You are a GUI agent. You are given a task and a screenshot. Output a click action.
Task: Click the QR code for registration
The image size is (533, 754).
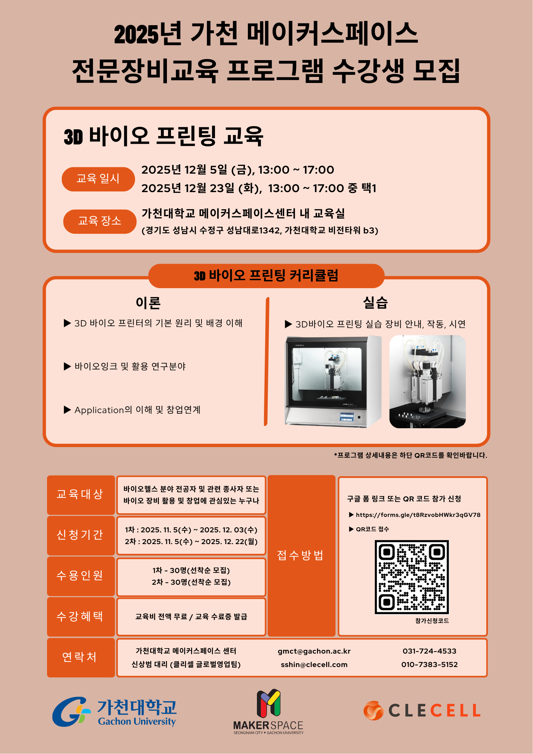pyautogui.click(x=412, y=577)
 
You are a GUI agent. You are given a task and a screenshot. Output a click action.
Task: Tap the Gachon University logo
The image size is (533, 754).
pyautogui.click(x=114, y=712)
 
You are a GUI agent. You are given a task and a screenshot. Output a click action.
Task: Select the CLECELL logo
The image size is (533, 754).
pyautogui.click(x=422, y=710)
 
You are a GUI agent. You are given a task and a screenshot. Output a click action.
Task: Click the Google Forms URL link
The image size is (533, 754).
pyautogui.click(x=418, y=515)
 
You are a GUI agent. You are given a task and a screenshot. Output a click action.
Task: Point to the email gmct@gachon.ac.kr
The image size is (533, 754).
pyautogui.click(x=314, y=651)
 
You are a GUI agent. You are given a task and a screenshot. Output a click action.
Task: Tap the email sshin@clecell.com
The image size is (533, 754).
pyautogui.click(x=314, y=665)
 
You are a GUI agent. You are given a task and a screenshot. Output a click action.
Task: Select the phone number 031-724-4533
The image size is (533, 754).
pyautogui.click(x=430, y=651)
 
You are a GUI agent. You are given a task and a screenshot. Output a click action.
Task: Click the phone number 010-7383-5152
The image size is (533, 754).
pyautogui.click(x=430, y=665)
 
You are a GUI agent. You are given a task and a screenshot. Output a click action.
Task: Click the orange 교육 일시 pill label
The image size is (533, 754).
pyautogui.click(x=98, y=179)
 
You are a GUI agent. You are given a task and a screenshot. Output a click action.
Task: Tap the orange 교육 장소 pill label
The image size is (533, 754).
pyautogui.click(x=100, y=221)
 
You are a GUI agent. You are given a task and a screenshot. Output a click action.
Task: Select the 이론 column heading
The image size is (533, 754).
pyautogui.click(x=148, y=303)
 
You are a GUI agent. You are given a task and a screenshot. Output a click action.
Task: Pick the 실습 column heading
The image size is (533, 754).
pyautogui.click(x=375, y=302)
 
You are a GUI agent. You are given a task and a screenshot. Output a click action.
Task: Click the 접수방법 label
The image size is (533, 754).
pyautogui.click(x=300, y=555)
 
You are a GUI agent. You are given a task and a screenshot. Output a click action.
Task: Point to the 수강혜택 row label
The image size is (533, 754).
pyautogui.click(x=80, y=616)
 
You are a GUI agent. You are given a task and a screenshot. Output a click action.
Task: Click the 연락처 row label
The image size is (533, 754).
pyautogui.click(x=80, y=657)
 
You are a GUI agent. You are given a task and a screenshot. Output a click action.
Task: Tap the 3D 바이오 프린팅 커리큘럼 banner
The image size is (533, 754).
pyautogui.click(x=266, y=276)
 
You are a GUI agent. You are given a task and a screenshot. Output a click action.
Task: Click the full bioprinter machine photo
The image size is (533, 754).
pyautogui.click(x=333, y=382)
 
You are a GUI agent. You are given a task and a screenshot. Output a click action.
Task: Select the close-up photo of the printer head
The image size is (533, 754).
pyautogui.click(x=428, y=382)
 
